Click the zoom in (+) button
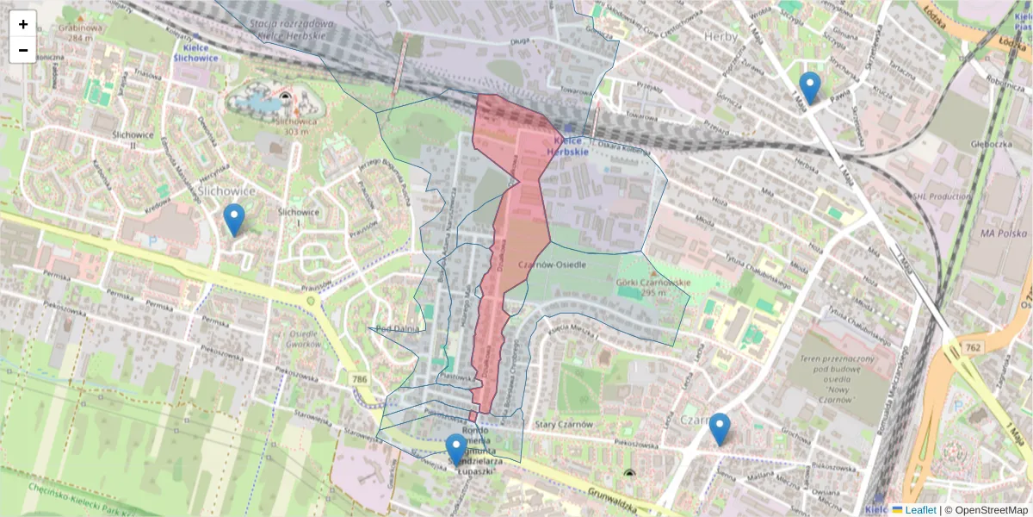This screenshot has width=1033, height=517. pos(23,24)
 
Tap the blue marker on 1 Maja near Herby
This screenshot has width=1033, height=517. pos(809,87)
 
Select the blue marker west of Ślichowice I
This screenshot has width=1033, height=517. pos(233,219)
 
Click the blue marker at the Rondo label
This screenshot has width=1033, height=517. pos(456,449)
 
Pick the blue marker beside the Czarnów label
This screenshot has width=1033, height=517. pos(719,428)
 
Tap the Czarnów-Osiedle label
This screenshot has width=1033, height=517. pos(554,264)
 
